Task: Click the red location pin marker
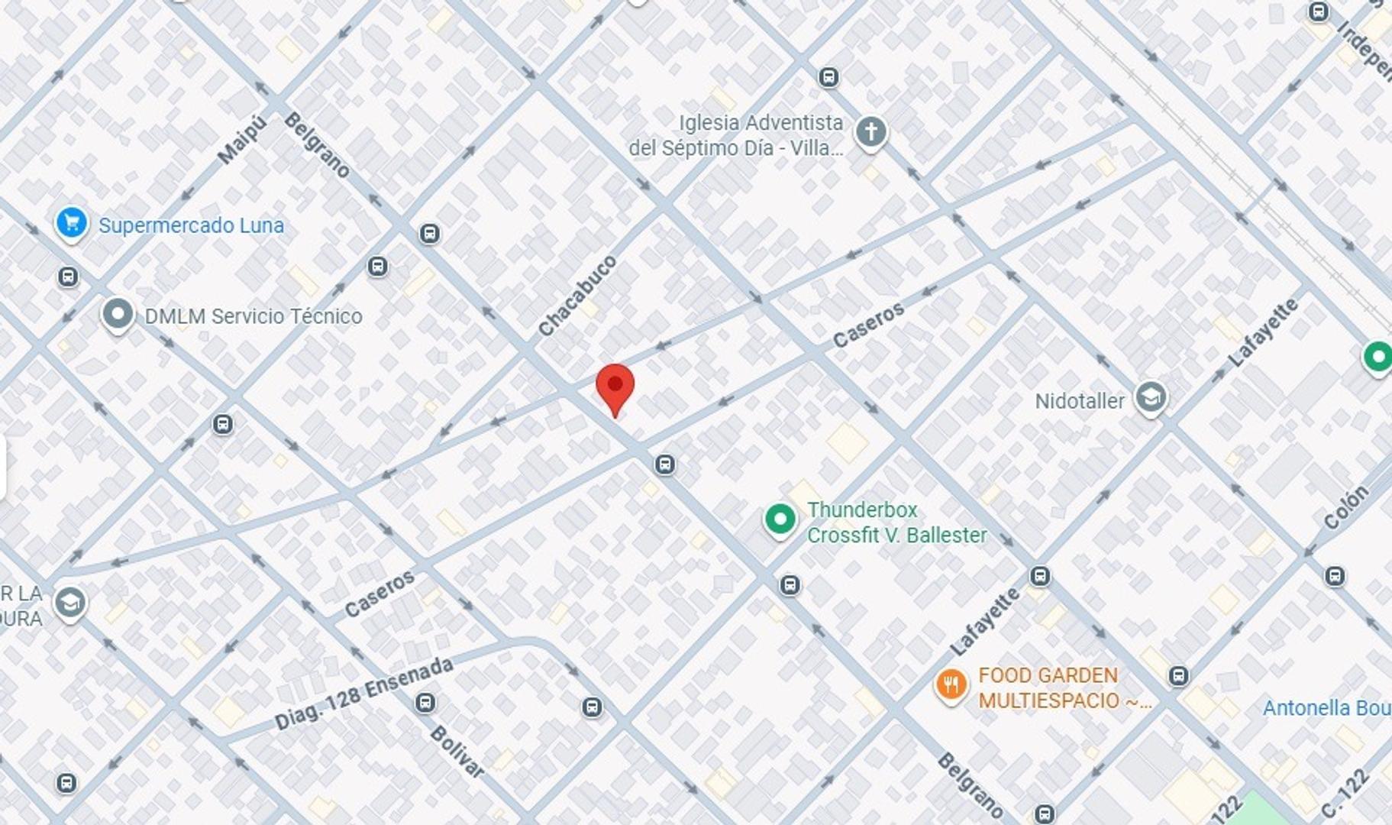tap(615, 387)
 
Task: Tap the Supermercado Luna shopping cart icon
tap(72, 224)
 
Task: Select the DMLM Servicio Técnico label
tap(253, 316)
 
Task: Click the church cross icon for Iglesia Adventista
tap(870, 132)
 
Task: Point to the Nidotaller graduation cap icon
tap(1150, 397)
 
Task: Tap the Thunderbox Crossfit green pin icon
tap(780, 520)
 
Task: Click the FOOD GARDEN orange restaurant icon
tap(951, 685)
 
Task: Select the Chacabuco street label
tap(577, 296)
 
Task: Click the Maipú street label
tap(242, 140)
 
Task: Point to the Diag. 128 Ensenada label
tap(363, 694)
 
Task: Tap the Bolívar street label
tap(457, 752)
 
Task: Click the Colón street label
tap(1346, 507)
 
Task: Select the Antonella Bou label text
tap(1326, 708)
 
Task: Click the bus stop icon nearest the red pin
tap(664, 464)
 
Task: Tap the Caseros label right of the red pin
tap(868, 325)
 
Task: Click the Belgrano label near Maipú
tap(316, 145)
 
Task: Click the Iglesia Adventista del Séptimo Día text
tap(737, 135)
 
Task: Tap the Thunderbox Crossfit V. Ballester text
tap(896, 522)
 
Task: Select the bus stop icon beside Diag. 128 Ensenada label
tap(425, 703)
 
